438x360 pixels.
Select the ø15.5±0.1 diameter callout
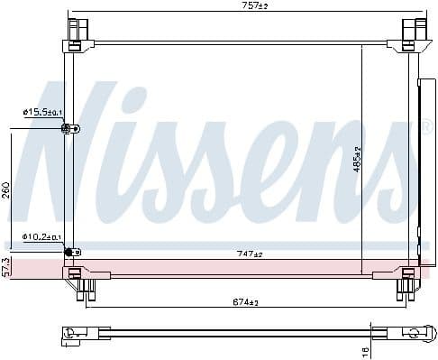(41, 112)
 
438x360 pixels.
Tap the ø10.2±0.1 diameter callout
(41, 237)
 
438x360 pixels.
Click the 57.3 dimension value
(6, 267)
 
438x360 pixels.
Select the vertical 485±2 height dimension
(357, 160)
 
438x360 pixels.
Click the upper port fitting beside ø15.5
(68, 129)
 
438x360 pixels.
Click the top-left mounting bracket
(75, 32)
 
